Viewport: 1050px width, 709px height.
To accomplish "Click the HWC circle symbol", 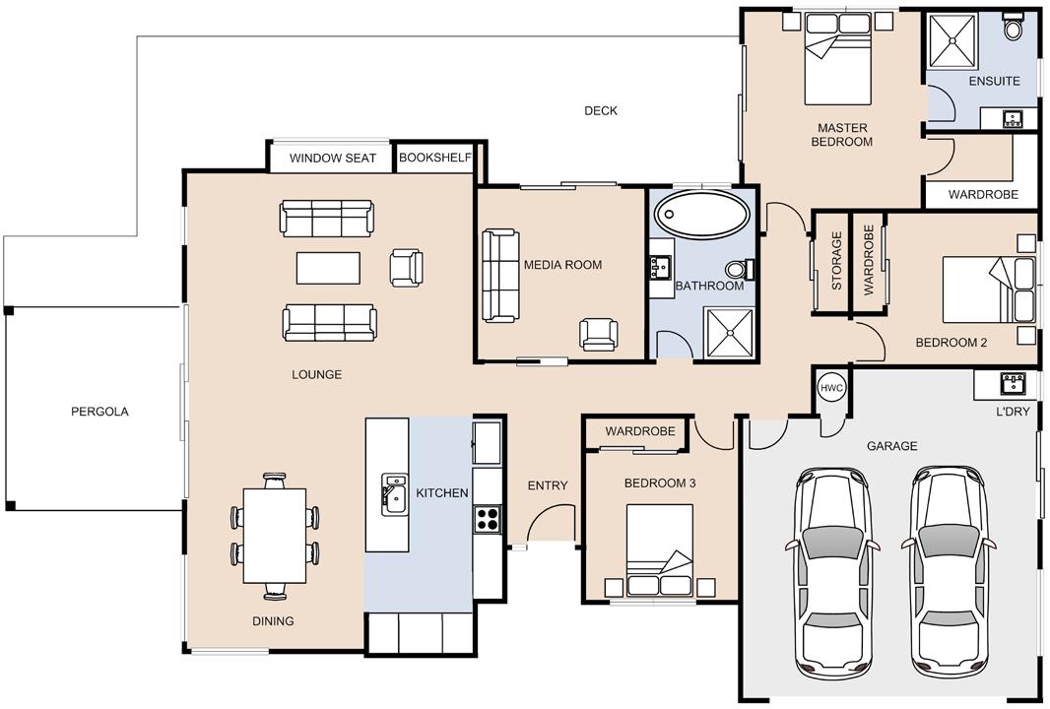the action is [x=831, y=388].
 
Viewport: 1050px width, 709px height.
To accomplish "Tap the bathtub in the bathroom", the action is [x=702, y=215].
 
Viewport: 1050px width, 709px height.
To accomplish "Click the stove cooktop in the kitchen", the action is [x=488, y=519].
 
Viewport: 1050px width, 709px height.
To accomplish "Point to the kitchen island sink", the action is [x=394, y=494].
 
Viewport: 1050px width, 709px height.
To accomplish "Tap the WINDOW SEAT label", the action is [x=333, y=159].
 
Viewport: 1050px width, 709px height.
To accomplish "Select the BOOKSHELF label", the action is [x=435, y=158].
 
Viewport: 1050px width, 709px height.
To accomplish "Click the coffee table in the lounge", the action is [x=328, y=268].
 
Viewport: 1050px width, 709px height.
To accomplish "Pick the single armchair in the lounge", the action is [x=407, y=268].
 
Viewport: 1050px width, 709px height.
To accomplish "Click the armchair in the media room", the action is [x=599, y=334].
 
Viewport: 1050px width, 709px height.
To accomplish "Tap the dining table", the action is [x=275, y=536].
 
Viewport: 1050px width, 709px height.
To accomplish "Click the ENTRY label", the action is [x=548, y=485].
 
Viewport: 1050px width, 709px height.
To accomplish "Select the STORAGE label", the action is [x=836, y=260].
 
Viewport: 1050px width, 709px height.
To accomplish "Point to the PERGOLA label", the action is [x=99, y=412].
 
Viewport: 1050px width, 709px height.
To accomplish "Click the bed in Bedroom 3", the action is [x=660, y=549].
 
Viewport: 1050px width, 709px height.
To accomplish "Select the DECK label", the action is [x=601, y=110].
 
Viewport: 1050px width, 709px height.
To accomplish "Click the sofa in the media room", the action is [x=501, y=275].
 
